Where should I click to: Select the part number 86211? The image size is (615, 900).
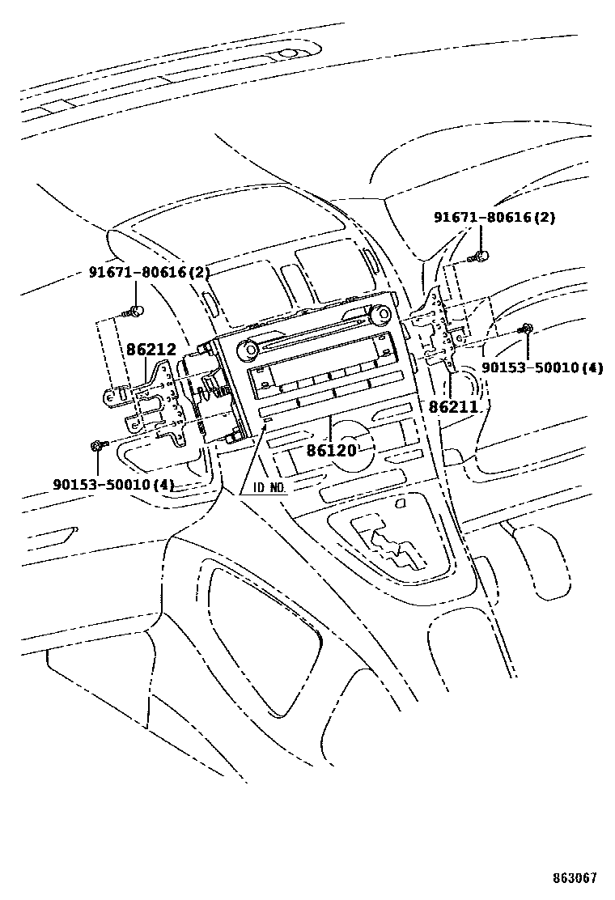pyautogui.click(x=454, y=406)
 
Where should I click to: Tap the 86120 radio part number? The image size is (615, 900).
pyautogui.click(x=332, y=449)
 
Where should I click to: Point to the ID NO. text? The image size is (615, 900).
pyautogui.click(x=269, y=489)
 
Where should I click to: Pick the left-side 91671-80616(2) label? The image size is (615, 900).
pyautogui.click(x=149, y=272)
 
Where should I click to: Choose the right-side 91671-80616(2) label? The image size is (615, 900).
pyautogui.click(x=494, y=217)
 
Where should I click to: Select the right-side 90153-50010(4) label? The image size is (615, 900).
pyautogui.click(x=542, y=367)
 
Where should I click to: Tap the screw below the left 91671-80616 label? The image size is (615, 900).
pyautogui.click(x=137, y=311)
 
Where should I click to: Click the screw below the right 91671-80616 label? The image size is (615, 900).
pyautogui.click(x=479, y=256)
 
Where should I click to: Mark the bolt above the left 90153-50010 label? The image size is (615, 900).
pyautogui.click(x=97, y=445)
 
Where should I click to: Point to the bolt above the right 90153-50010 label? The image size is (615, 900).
pyautogui.click(x=526, y=328)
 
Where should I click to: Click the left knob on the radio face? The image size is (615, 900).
pyautogui.click(x=247, y=349)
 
